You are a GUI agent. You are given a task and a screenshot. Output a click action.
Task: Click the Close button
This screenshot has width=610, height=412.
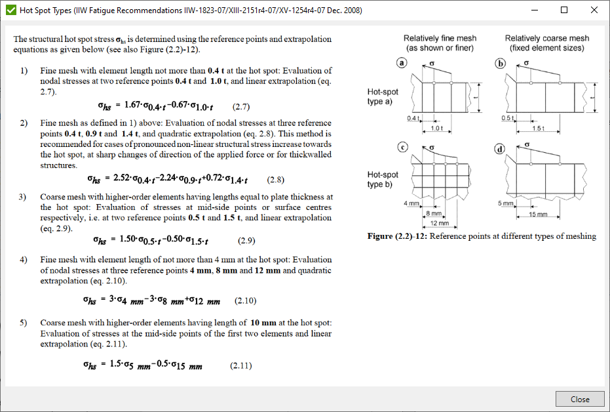pyautogui.click(x=580, y=399)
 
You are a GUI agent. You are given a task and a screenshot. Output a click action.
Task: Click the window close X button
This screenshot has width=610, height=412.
pyautogui.click(x=594, y=10)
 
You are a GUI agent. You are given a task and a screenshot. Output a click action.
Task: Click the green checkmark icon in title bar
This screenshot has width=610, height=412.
pyautogui.click(x=10, y=10)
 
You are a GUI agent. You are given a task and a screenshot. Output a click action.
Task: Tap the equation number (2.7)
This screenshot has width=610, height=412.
pyautogui.click(x=242, y=106)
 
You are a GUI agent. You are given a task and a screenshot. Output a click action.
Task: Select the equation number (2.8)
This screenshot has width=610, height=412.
pyautogui.click(x=276, y=178)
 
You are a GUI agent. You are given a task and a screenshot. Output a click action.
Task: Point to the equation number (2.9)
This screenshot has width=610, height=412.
pyautogui.click(x=246, y=241)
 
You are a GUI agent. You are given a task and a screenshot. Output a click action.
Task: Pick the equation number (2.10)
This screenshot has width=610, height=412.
pyautogui.click(x=245, y=301)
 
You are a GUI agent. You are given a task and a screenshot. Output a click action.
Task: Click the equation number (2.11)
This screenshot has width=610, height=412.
pyautogui.click(x=240, y=365)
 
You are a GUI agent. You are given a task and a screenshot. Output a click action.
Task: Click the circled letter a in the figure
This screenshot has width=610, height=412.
pyautogui.click(x=402, y=64)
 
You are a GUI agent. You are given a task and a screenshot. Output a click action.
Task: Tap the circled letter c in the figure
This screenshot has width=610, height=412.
pyautogui.click(x=402, y=148)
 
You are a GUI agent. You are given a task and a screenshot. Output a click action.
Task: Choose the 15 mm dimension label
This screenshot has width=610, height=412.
pyautogui.click(x=537, y=215)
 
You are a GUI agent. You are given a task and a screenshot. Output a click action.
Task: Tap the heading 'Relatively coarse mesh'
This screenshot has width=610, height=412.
pyautogui.click(x=546, y=39)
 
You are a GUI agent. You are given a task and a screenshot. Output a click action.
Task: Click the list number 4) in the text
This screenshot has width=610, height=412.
pyautogui.click(x=24, y=260)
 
